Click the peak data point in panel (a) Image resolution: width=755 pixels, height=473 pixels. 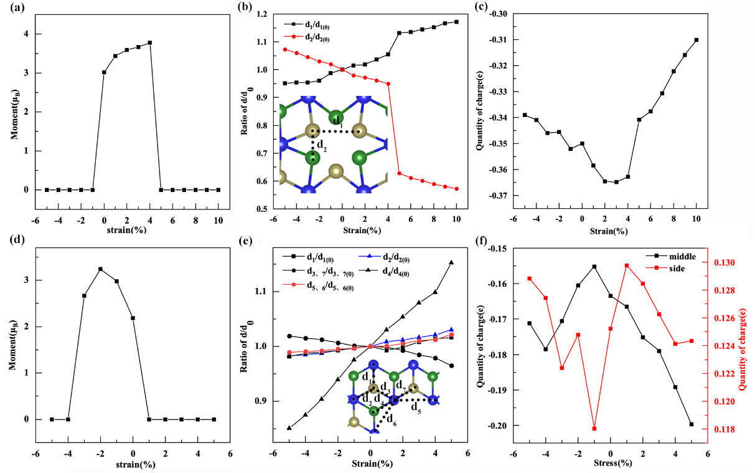tap(150, 42)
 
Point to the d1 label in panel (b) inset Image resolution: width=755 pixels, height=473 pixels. tap(337, 118)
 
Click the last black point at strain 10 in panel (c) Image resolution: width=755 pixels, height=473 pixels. tap(696, 40)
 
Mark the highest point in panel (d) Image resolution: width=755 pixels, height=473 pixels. tap(100, 269)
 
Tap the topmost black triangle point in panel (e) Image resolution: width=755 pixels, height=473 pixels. tap(451, 262)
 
